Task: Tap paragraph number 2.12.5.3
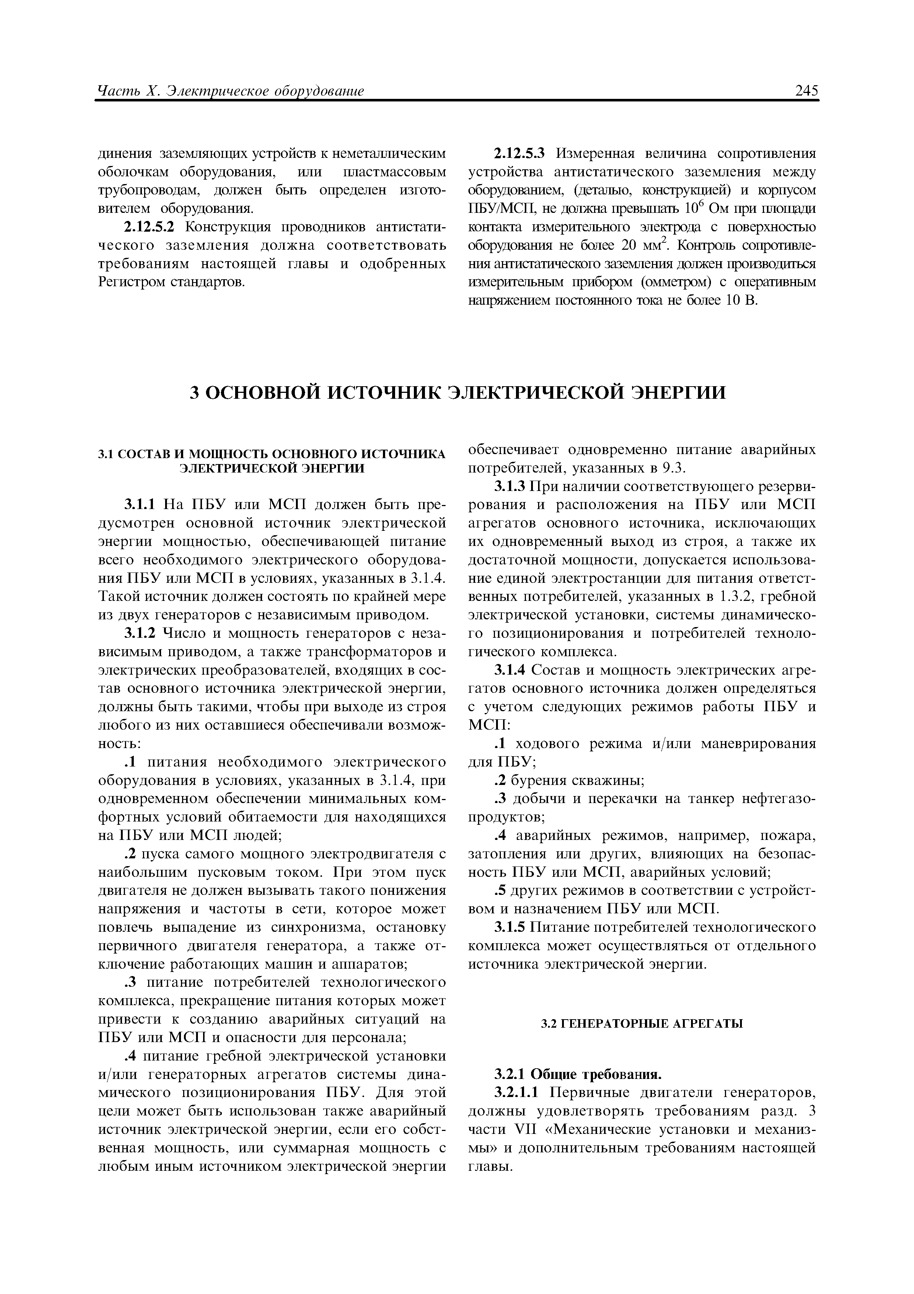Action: tap(520, 153)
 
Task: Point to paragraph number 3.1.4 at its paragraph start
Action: tap(510, 670)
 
